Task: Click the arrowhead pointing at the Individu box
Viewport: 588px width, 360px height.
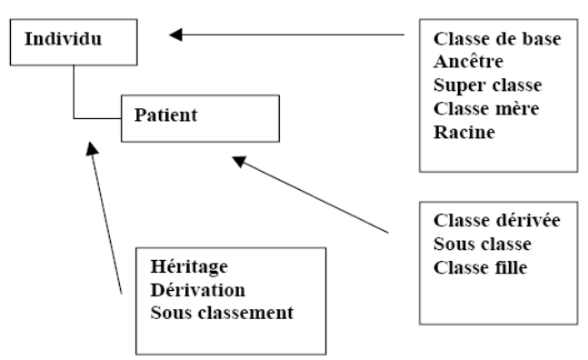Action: click(176, 35)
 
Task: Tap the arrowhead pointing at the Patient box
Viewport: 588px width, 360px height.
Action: click(237, 160)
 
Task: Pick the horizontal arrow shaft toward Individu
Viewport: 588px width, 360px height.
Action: click(291, 35)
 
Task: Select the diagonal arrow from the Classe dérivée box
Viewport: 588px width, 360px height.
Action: click(314, 195)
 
